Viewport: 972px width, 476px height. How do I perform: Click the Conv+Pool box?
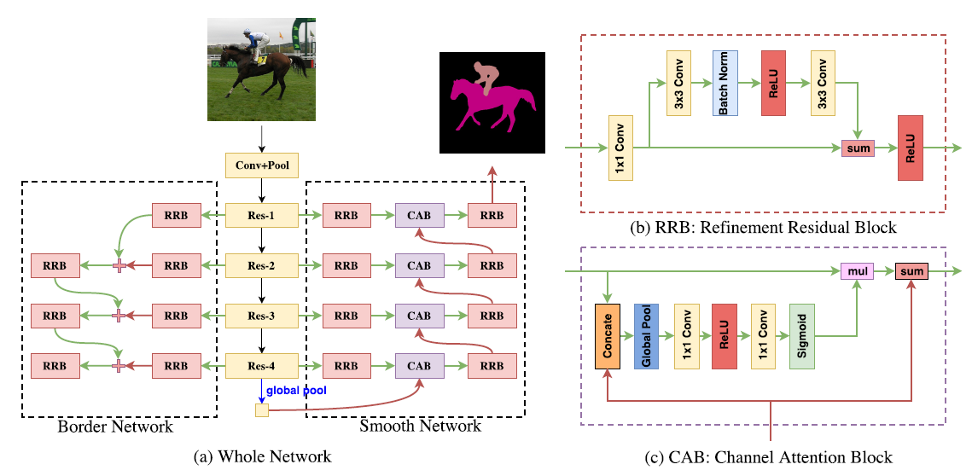262,165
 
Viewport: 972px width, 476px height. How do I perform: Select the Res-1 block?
262,216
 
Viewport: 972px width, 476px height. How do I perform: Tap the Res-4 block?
262,366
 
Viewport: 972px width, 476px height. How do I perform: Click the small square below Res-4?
262,409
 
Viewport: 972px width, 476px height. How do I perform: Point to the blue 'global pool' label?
296,391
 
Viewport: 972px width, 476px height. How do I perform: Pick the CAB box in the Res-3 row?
419,316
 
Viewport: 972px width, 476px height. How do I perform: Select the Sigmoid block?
801,336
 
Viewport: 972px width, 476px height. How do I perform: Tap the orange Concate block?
608,337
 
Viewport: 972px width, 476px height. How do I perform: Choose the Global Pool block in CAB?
647,336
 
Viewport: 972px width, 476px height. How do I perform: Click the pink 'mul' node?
857,271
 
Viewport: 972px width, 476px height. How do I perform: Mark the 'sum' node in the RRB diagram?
858,148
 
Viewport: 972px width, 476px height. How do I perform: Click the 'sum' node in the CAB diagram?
912,271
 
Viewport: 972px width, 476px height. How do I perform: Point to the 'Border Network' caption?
115,427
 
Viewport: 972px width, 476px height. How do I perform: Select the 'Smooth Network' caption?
421,427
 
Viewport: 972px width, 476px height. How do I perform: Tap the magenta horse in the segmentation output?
490,106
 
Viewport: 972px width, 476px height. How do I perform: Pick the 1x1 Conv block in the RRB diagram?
620,148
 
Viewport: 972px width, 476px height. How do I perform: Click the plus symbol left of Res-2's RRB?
119,266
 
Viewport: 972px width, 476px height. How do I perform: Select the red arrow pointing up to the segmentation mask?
492,185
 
